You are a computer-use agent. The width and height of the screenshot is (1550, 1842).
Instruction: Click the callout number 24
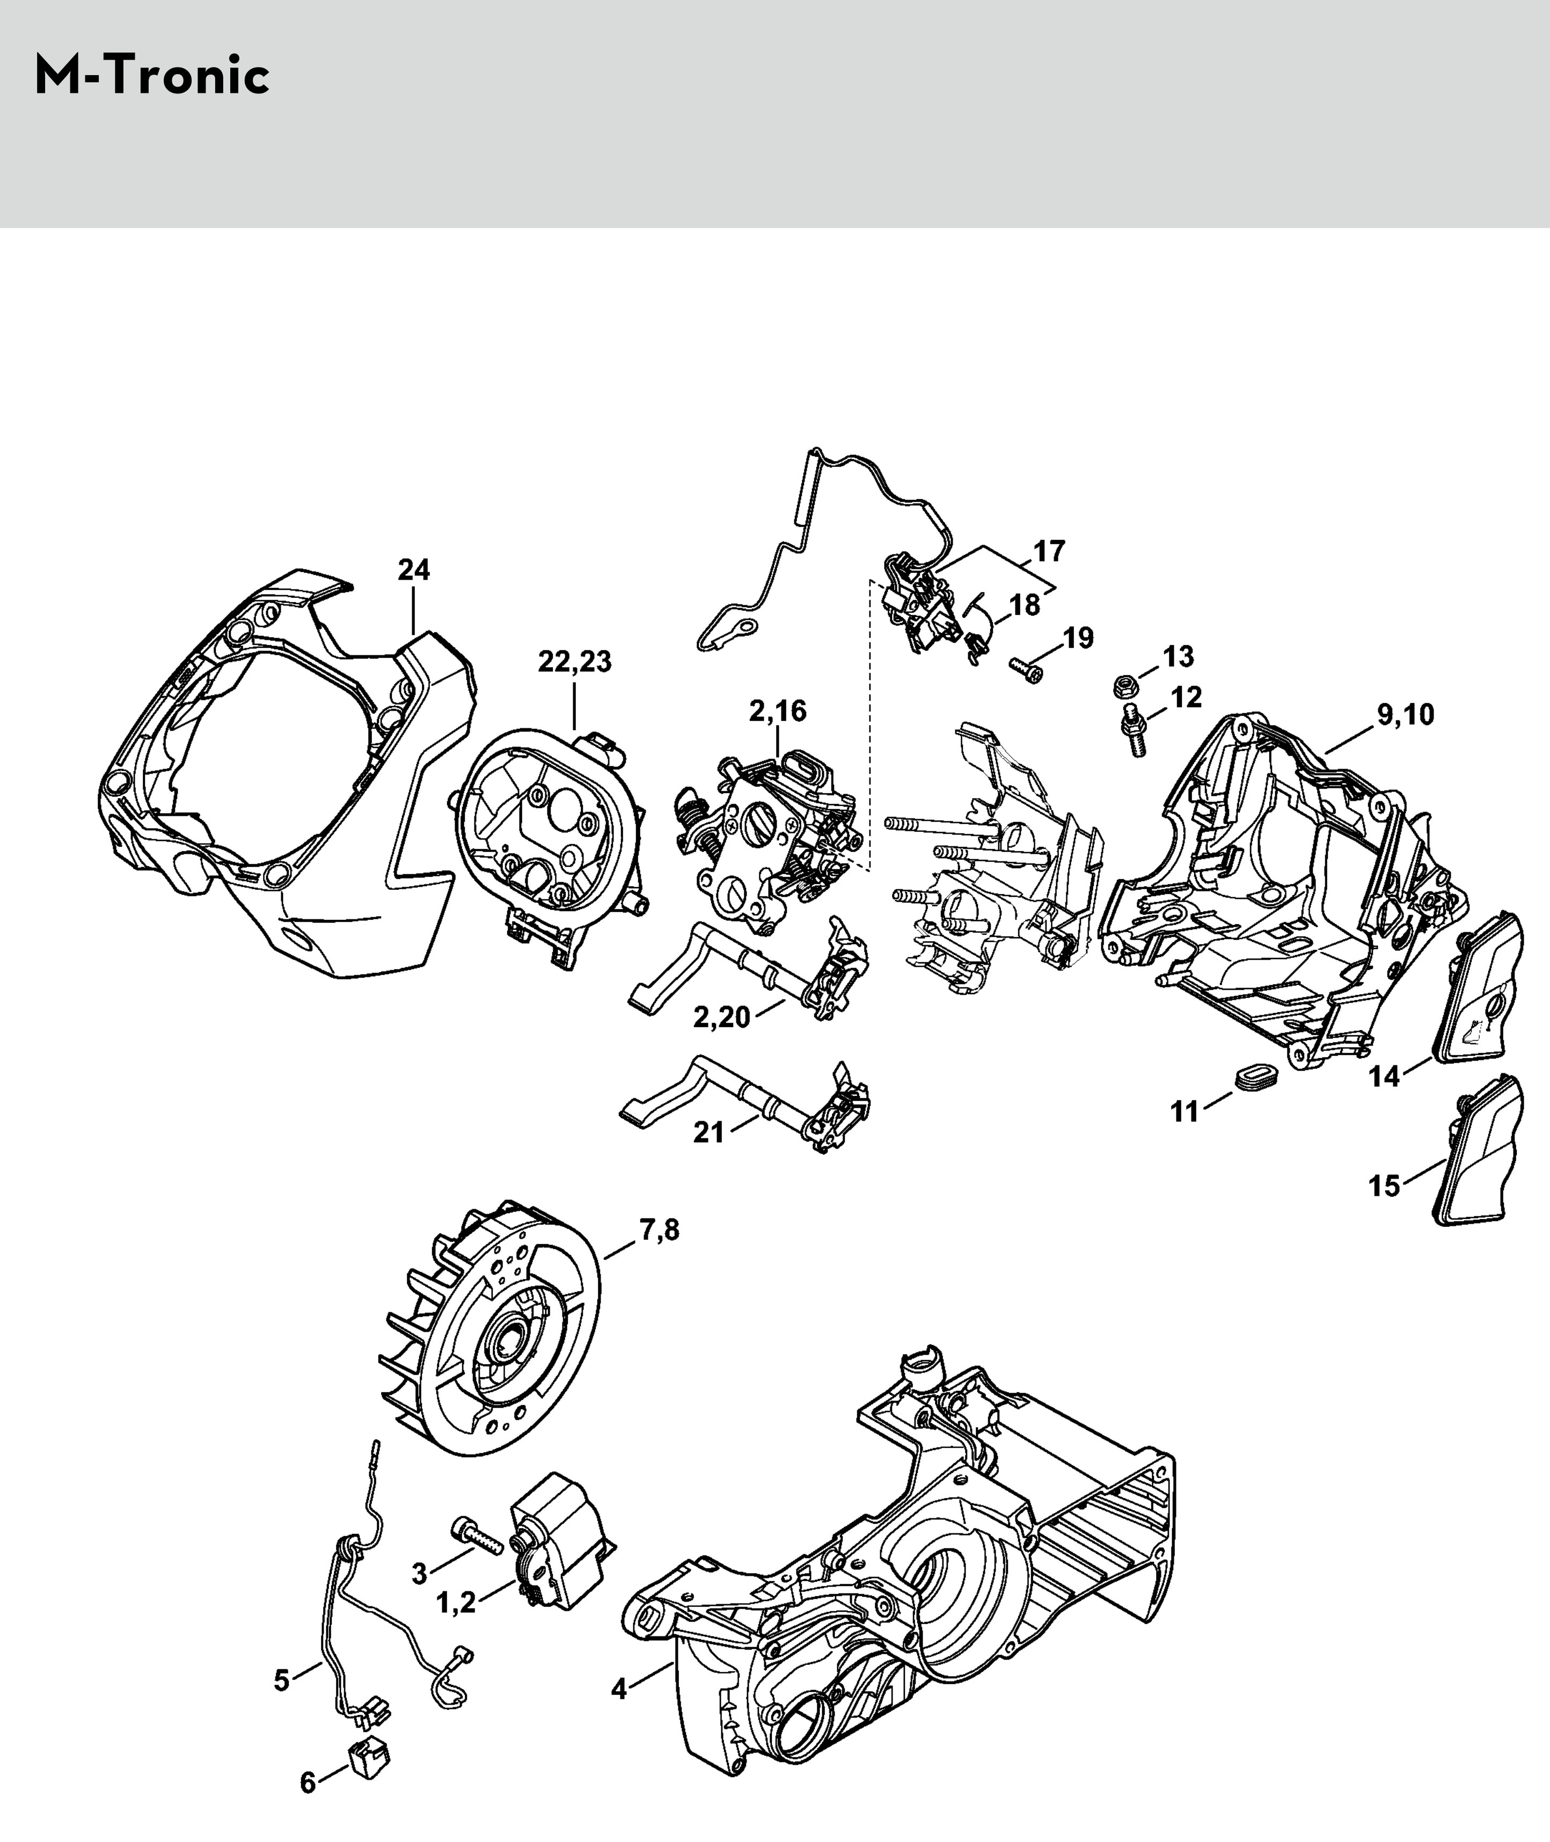point(414,571)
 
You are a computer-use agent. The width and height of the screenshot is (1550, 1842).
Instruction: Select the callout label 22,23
point(575,662)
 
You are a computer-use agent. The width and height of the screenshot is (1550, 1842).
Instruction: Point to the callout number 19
point(1078,638)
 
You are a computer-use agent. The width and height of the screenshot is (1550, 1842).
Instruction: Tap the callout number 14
point(1384,1076)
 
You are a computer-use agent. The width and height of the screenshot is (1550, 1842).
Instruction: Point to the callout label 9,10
point(1406,714)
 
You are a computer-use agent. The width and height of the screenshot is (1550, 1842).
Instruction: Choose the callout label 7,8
point(659,1230)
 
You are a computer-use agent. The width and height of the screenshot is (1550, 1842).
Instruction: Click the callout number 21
point(709,1134)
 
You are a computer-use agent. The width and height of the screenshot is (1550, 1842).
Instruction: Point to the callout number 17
point(1049,551)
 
